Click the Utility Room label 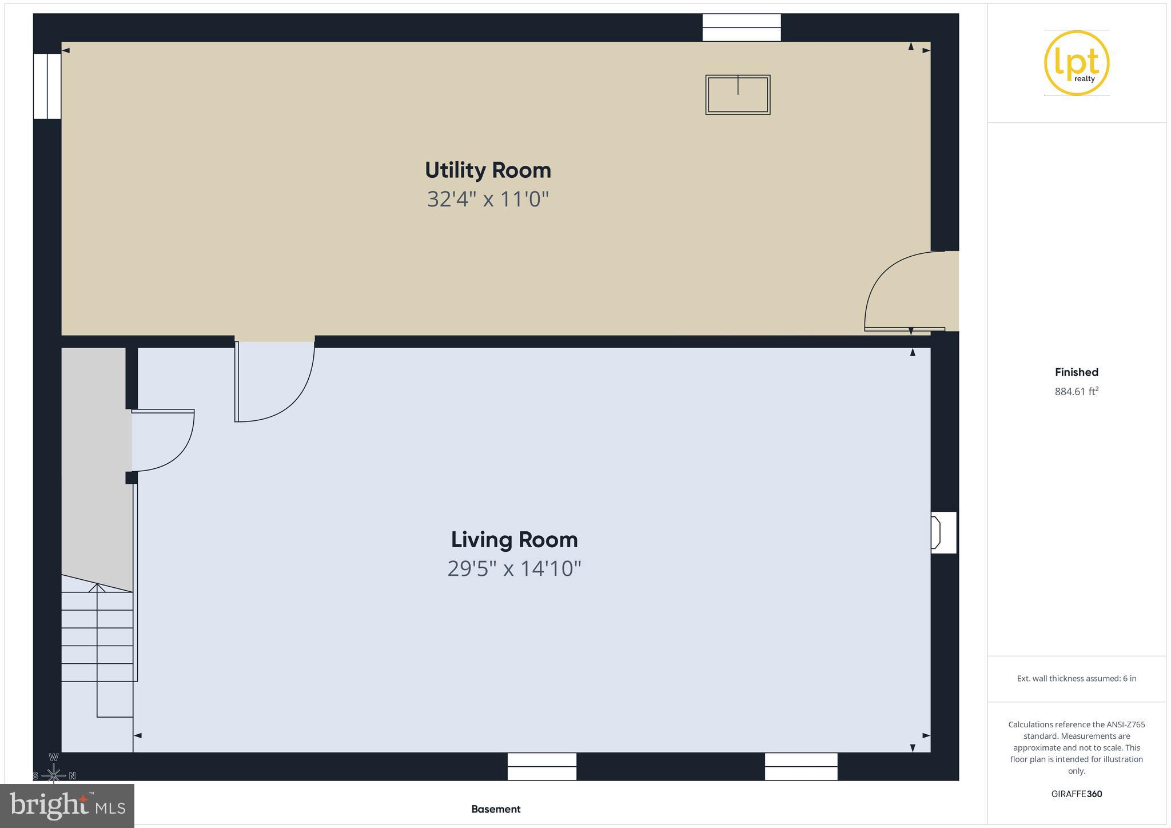coord(488,170)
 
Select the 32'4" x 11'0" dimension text coord(488,200)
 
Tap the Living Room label coord(514,540)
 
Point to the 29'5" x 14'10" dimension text coord(514,569)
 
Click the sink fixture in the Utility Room coord(738,95)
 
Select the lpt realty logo coord(1076,63)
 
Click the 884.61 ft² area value coord(1076,392)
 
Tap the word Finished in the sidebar coord(1076,372)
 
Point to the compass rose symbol coord(54,775)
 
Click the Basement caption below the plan coord(496,809)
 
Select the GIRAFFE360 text coord(1076,794)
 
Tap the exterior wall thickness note coord(1076,679)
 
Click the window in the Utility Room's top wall coord(741,27)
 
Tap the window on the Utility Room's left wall coord(47,86)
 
